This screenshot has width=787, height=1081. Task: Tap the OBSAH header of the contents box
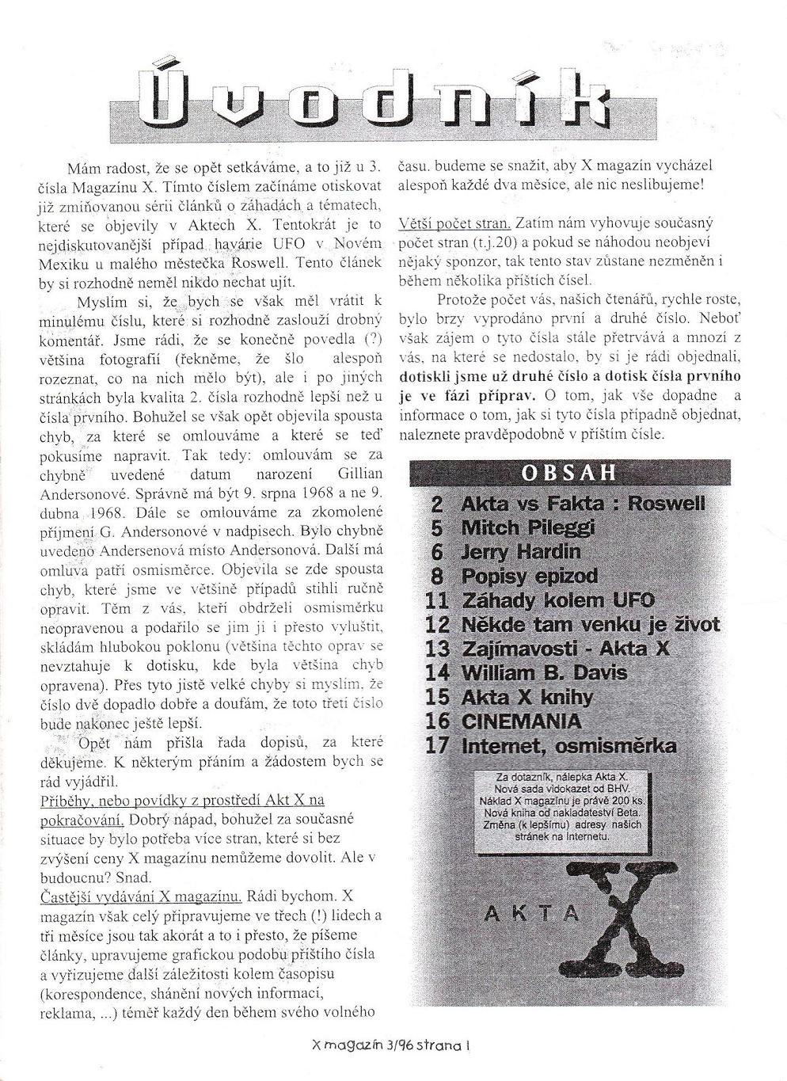pos(568,474)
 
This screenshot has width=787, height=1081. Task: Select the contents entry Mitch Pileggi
pos(527,527)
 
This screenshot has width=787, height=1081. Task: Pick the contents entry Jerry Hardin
pos(520,551)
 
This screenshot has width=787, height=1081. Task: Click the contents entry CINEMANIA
pos(520,721)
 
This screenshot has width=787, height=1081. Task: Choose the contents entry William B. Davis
pos(543,673)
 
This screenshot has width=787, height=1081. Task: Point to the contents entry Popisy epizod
pos(529,576)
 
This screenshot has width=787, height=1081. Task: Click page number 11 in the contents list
pos(437,600)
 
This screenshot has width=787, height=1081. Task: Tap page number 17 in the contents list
pos(437,746)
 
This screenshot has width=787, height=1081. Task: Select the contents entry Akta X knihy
pos(527,698)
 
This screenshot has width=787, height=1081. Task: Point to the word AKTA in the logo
pos(531,913)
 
